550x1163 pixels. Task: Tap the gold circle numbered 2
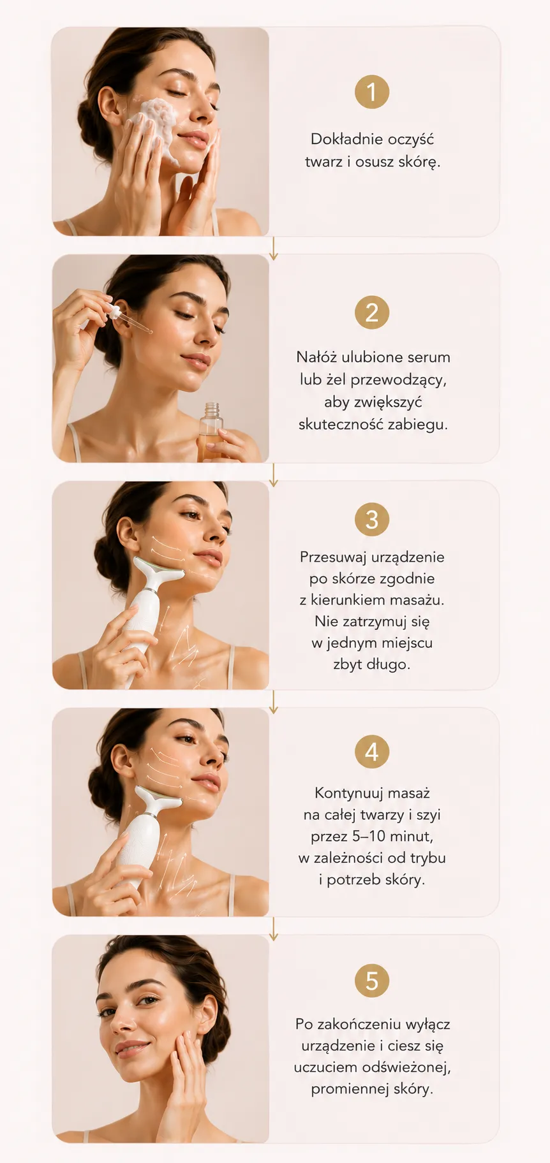coord(371,312)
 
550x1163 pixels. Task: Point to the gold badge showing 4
coord(371,752)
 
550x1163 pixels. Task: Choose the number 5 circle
coord(371,980)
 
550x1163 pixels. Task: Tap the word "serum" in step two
coord(429,357)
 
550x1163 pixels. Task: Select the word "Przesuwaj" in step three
coord(332,557)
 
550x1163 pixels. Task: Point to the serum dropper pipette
coord(130,319)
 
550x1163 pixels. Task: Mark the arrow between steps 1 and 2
coord(273,248)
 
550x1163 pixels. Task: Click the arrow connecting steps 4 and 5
coord(273,928)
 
